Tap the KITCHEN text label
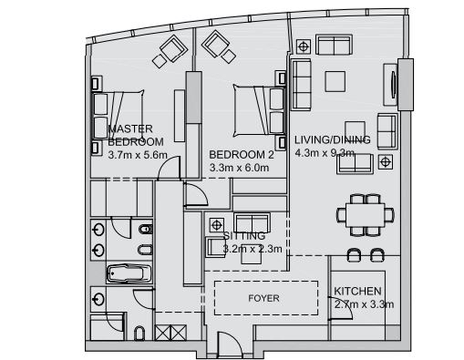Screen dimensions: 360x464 tap(357, 291)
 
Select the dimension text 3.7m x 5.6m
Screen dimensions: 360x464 tap(136, 155)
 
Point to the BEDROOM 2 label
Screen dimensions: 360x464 tap(241, 155)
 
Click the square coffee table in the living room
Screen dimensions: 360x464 tap(335, 79)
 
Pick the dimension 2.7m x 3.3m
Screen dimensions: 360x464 tap(364, 304)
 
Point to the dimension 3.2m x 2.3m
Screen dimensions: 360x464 tap(252, 247)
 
